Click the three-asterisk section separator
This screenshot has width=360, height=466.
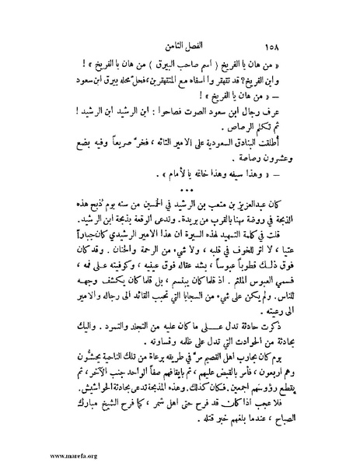click(x=183, y=190)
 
